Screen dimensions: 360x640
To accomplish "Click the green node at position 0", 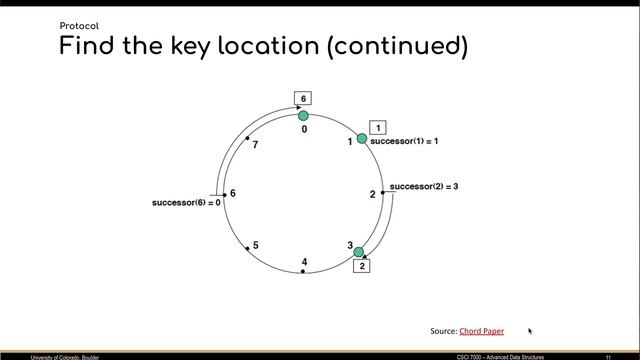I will coord(303,117).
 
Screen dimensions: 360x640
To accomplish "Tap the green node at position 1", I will coord(362,138).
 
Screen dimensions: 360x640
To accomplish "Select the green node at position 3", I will coord(359,252).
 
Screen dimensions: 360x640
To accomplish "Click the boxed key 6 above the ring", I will coord(303,98).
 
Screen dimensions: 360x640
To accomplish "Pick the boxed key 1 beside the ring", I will coord(378,127).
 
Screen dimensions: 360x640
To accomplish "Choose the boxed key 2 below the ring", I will coord(362,266).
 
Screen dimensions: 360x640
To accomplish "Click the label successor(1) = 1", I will coord(404,142).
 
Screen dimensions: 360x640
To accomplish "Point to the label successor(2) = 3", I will coord(424,187).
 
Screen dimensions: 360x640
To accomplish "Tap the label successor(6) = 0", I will coord(186,203).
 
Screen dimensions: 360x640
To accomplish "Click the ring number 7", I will coord(256,146).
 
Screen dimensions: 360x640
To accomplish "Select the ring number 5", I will coord(256,245).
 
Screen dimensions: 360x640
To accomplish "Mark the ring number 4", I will coord(304,261).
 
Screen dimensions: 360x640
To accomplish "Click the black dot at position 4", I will coord(303,271).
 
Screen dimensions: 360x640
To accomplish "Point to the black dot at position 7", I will coord(247,137).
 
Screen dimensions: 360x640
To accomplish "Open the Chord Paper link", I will coord(482,330).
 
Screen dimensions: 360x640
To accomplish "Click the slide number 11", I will coord(607,355).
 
